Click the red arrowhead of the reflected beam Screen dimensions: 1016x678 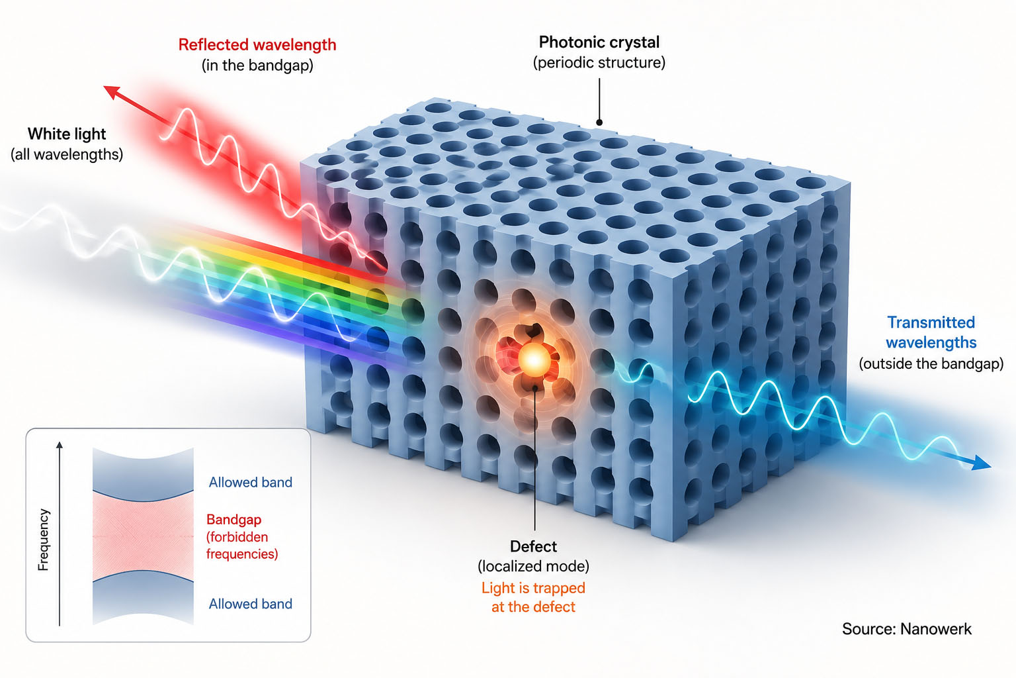111,91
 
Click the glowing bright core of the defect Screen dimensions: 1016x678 534,360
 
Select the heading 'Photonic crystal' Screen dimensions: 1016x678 599,42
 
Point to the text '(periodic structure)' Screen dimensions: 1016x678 599,62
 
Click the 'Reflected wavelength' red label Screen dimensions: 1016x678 257,44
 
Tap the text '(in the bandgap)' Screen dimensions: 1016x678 257,65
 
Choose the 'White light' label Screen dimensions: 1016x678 67,134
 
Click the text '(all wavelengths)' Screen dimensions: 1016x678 67,154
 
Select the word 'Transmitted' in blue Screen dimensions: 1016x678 931,322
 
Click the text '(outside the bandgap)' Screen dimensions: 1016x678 931,363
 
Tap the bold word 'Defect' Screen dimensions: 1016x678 533,546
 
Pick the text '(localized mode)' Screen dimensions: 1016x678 533,566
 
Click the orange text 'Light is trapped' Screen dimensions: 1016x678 533,588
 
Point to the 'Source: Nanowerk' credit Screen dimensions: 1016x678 907,629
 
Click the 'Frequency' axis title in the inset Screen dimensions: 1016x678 43,540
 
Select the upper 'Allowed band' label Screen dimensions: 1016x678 251,482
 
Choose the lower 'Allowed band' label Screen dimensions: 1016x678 251,604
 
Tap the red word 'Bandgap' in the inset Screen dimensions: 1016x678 233,520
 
